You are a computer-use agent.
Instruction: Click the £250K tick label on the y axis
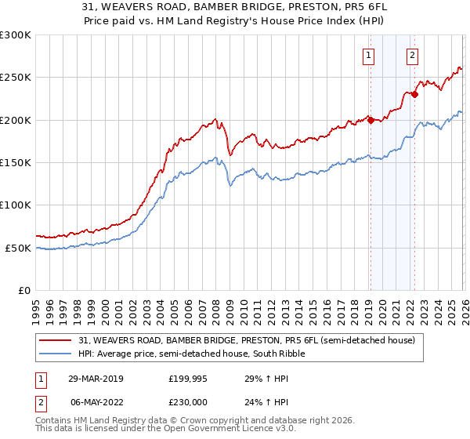(x=16, y=78)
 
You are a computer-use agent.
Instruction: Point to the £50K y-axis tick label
(x=18, y=248)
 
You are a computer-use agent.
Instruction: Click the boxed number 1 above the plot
(x=368, y=55)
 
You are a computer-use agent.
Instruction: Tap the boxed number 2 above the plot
(x=412, y=55)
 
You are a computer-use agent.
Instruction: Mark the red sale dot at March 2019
(x=371, y=120)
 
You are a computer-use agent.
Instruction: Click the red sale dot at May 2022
(x=414, y=95)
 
